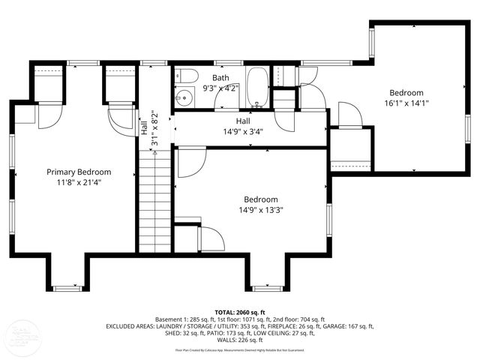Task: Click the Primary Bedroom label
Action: point(79,172)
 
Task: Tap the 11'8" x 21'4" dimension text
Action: point(79,181)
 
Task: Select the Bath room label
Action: point(220,78)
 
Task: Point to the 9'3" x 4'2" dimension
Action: point(220,88)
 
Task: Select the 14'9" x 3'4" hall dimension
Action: point(242,131)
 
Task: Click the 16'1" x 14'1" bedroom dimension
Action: point(406,103)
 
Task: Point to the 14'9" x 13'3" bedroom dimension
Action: point(261,210)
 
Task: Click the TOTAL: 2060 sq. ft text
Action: point(240,312)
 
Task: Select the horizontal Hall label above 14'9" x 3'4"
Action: point(242,121)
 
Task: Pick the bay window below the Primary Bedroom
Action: point(68,287)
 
